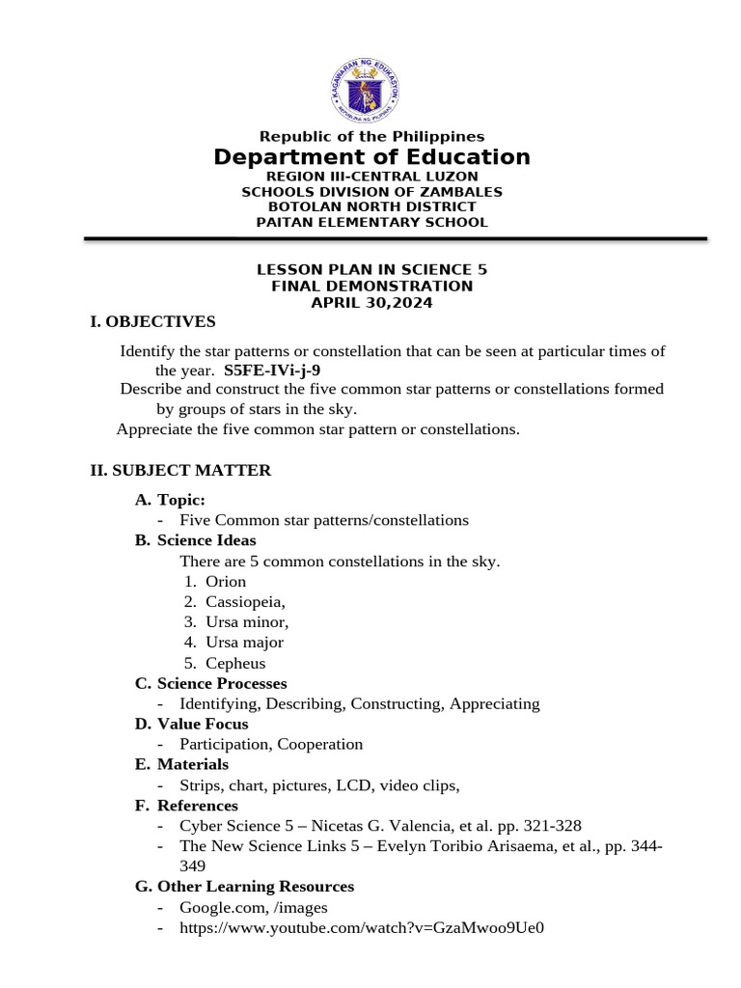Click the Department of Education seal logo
coord(371,91)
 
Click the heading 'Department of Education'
coord(371,157)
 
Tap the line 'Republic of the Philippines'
coord(371,137)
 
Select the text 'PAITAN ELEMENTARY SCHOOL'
coord(371,223)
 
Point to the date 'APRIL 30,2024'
coord(371,303)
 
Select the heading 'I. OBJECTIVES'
coord(152,321)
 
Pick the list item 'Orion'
coord(226,582)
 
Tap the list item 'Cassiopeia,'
coord(245,602)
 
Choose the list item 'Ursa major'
coord(244,643)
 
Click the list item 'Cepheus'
coord(235,664)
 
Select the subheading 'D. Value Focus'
coord(191,724)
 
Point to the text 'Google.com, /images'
coord(254,908)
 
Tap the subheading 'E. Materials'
coord(181,764)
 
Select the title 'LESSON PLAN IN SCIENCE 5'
coord(371,270)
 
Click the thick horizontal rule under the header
coord(396,238)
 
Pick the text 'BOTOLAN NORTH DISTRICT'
coord(371,207)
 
